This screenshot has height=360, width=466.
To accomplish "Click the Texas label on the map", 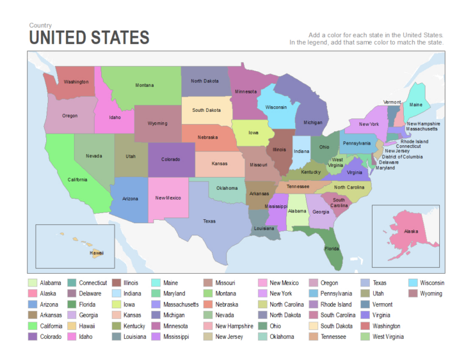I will coord(209,221).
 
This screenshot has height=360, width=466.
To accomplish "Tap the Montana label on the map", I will coord(144,85).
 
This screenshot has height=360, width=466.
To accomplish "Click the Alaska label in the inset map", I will coord(411,231).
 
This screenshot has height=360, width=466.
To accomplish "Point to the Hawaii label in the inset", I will coord(96,253).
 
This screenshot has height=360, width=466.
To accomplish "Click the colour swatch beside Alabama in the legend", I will coord(33,283).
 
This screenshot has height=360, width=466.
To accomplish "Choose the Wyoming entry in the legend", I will coord(430,293).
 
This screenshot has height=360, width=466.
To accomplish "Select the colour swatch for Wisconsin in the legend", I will coord(413,283).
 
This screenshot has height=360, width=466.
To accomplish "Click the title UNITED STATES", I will coord(89,38).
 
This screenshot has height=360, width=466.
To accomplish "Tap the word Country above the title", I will coord(40,25).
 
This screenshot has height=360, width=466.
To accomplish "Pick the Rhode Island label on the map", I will coord(414,141).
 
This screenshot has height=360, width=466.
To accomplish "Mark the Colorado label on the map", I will coord(170,159).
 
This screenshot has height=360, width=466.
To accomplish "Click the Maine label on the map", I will coord(416,105).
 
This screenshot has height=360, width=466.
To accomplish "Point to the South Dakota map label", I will coord(207,110).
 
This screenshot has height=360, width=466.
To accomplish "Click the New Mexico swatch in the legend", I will coord(262,283).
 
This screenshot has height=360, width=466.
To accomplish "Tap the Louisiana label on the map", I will coord(264,228).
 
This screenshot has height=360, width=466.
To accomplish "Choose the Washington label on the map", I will coord(76,82).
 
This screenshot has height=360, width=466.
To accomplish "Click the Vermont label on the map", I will coord(392,102).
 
